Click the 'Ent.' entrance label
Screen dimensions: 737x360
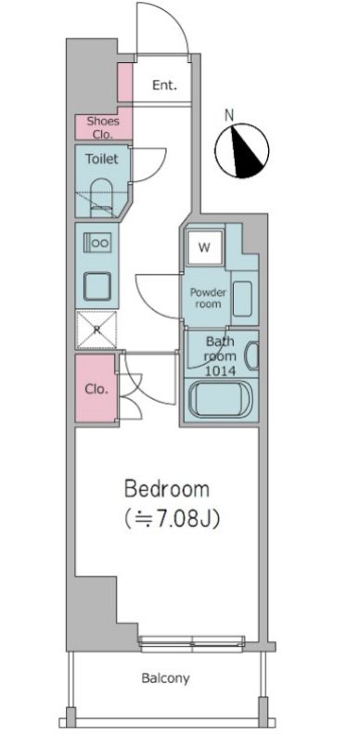coord(164,86)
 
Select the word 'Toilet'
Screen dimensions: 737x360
coord(101,160)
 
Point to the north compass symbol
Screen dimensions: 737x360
coord(242,150)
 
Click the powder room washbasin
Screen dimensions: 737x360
coord(241,299)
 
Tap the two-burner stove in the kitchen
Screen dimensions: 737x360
coord(97,243)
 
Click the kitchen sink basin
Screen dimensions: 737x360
coord(97,285)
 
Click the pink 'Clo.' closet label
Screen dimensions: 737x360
coord(96,389)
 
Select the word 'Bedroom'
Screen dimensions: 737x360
coord(167,488)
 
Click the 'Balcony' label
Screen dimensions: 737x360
coord(166,679)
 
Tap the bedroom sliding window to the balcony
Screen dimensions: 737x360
coord(192,640)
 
